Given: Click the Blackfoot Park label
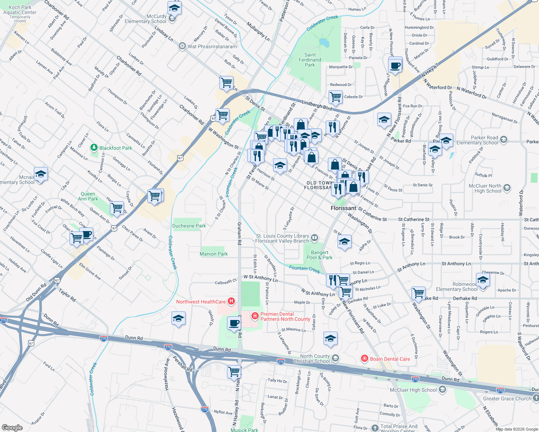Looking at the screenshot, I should [116, 148].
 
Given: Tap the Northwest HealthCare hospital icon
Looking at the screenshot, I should [231, 302].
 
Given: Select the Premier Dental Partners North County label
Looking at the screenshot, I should [285, 317].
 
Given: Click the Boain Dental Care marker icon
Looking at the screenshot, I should [365, 359].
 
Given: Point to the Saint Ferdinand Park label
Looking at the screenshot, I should [310, 60].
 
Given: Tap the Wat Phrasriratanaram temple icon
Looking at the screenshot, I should [182, 46].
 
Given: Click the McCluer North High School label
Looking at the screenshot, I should [485, 188].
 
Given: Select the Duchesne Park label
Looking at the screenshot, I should [189, 226].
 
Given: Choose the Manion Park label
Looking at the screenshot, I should [214, 254].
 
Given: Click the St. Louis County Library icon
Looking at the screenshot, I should [315, 237].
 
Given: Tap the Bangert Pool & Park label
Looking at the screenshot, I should [320, 255].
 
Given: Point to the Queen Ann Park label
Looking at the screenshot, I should [88, 196].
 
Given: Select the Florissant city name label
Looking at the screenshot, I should [343, 208].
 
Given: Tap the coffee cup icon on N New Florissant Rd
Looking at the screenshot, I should [395, 65].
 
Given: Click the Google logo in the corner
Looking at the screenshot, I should [12, 427].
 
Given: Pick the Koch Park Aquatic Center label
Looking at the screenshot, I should [20, 12].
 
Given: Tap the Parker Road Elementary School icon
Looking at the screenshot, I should [503, 140].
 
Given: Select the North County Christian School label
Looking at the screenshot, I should [311, 359].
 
